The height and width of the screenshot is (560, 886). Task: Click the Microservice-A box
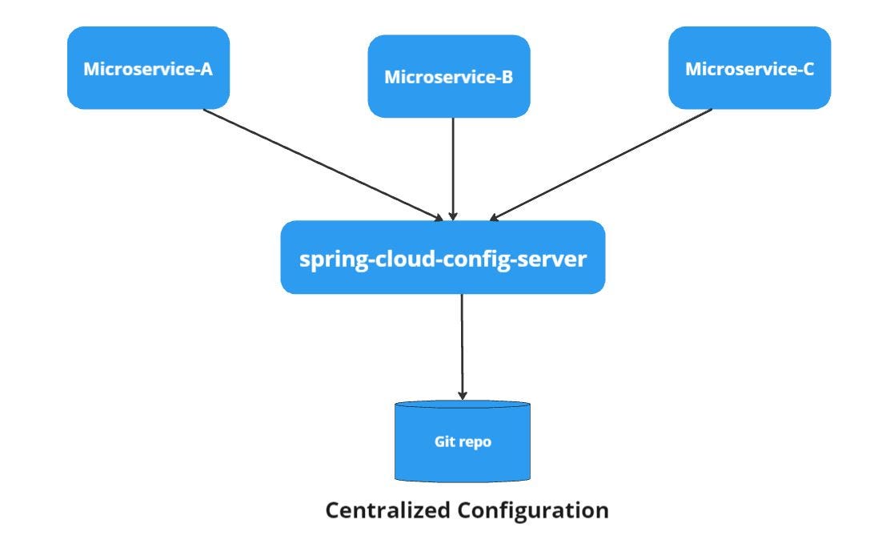[148, 68]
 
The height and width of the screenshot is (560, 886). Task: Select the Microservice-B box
[448, 77]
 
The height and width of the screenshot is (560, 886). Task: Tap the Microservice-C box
[749, 68]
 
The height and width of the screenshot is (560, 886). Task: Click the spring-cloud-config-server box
[443, 257]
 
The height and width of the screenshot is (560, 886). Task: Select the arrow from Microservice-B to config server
[453, 168]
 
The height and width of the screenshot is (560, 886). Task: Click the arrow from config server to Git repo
[462, 344]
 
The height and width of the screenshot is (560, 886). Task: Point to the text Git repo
[463, 441]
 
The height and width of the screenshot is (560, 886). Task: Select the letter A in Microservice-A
[206, 69]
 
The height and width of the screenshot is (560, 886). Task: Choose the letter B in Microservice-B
[507, 78]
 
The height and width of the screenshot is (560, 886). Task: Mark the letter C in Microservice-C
[808, 69]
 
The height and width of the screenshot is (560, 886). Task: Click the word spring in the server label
[327, 260]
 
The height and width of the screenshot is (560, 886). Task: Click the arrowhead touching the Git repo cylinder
[462, 395]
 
